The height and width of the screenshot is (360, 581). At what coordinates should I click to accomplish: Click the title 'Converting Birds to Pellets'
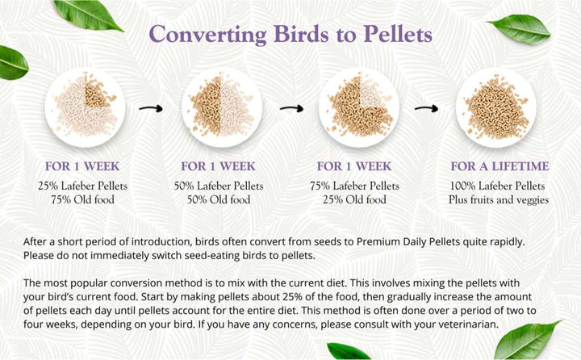(291, 35)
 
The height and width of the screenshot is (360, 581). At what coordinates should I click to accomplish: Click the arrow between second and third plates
(290, 106)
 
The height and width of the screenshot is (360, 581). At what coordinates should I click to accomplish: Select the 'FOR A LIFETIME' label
(499, 167)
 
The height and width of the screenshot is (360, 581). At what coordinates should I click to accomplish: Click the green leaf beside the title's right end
(520, 28)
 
